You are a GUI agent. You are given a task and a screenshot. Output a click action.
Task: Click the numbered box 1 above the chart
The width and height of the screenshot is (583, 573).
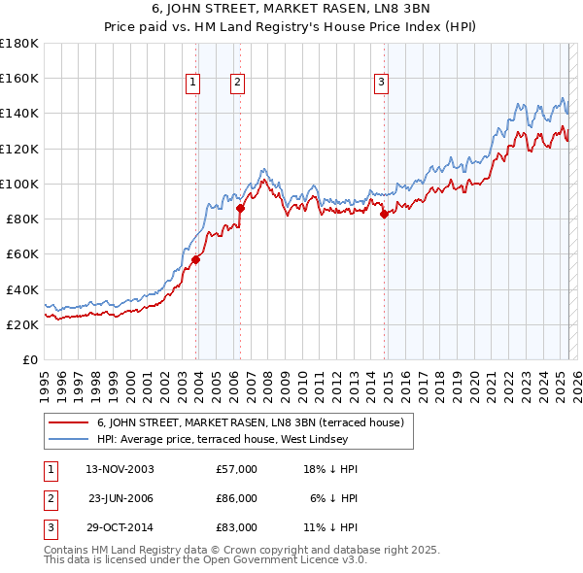pyautogui.click(x=193, y=84)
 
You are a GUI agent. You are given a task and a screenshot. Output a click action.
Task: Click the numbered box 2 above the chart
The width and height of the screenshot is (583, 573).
pyautogui.click(x=237, y=84)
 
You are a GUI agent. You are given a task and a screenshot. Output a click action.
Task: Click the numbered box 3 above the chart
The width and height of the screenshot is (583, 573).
pyautogui.click(x=381, y=84)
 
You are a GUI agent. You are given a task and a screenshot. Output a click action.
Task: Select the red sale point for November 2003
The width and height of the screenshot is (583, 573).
pyautogui.click(x=196, y=259)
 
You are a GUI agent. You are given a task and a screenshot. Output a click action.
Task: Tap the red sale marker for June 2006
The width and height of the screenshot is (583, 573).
pyautogui.click(x=241, y=208)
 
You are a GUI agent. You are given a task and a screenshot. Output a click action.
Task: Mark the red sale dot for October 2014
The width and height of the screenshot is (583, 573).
pyautogui.click(x=384, y=214)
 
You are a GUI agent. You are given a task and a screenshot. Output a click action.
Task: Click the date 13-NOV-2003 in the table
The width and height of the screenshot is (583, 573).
pyautogui.click(x=120, y=469)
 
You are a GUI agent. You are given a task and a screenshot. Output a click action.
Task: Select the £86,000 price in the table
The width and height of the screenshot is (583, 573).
pyautogui.click(x=236, y=498)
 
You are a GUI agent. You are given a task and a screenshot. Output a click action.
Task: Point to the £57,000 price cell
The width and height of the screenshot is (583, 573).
pyautogui.click(x=236, y=469)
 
